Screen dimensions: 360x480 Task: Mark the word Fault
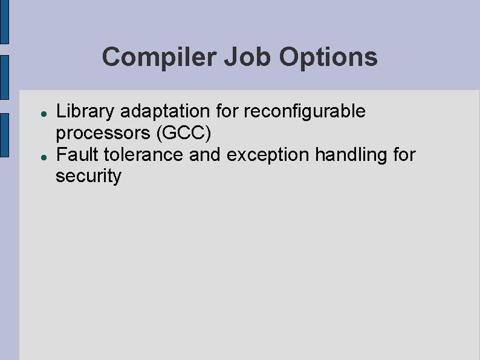[77, 155]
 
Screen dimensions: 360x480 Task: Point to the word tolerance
[143, 155]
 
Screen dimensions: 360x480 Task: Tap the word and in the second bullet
[206, 155]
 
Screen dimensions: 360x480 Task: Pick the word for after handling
[404, 155]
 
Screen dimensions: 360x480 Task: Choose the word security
[88, 177]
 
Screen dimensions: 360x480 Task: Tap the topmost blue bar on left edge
[4, 21]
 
